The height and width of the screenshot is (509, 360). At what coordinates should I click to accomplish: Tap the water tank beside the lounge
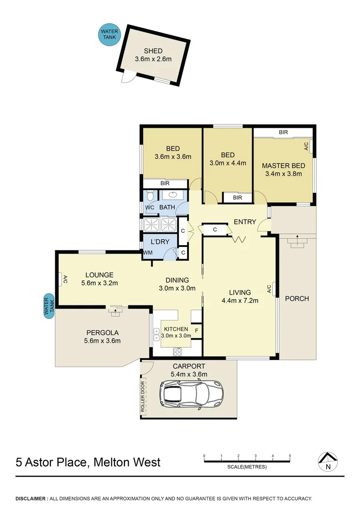49,305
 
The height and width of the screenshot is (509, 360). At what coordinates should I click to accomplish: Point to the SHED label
153,51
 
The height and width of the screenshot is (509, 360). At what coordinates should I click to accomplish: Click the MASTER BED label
283,165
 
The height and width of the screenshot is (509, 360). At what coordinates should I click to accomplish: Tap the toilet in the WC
150,196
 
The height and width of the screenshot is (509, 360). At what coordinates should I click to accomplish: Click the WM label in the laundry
148,253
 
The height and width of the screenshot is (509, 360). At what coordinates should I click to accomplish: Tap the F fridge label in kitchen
196,329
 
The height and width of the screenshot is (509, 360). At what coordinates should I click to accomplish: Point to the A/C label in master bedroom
306,146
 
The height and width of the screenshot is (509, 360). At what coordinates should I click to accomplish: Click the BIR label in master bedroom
283,132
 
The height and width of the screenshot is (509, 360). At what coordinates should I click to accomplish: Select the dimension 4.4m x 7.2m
240,301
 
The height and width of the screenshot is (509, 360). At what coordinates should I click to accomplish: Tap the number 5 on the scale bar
290,456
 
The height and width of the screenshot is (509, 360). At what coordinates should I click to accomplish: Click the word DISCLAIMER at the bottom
31,498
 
